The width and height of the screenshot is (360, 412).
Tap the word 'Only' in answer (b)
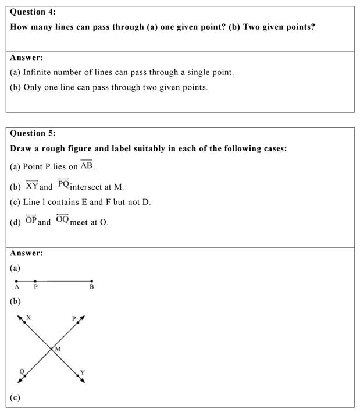[33, 88]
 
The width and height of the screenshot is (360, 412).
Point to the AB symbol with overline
[87, 165]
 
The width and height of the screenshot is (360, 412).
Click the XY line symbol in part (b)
[32, 186]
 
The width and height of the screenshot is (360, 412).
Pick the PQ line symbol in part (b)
[63, 184]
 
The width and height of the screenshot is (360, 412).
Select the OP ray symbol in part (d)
[31, 221]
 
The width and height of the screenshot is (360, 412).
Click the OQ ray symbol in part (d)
[62, 219]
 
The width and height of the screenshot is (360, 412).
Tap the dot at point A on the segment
[16, 281]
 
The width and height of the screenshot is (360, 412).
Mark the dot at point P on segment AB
[35, 281]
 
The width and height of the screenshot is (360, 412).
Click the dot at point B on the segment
[92, 281]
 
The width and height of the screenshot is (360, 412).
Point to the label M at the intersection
[58, 349]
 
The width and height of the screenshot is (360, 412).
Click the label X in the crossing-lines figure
[28, 317]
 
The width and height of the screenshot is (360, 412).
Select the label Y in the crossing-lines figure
[82, 372]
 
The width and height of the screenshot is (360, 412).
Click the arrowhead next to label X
[20, 317]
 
